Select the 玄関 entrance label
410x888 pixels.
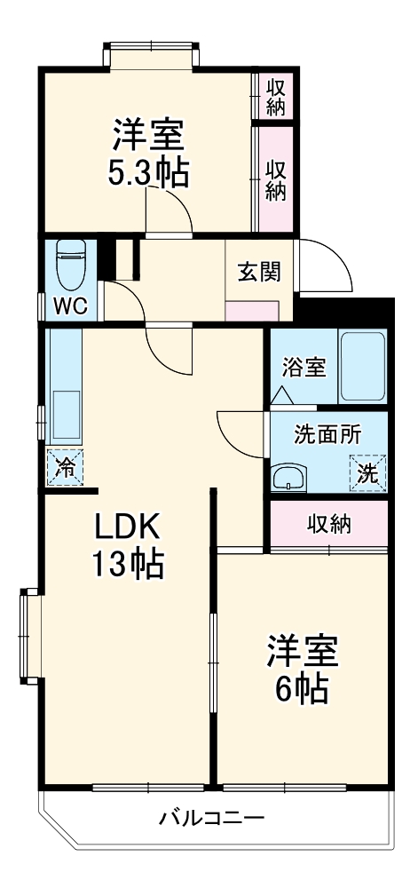(258, 271)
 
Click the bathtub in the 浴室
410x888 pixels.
(361, 367)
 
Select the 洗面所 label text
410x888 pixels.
(327, 435)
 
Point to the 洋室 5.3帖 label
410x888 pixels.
(148, 154)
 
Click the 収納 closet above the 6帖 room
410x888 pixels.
(329, 524)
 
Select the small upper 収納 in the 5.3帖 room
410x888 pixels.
(276, 94)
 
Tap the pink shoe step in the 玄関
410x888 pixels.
(253, 311)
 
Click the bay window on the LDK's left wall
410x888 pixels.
(30, 634)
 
